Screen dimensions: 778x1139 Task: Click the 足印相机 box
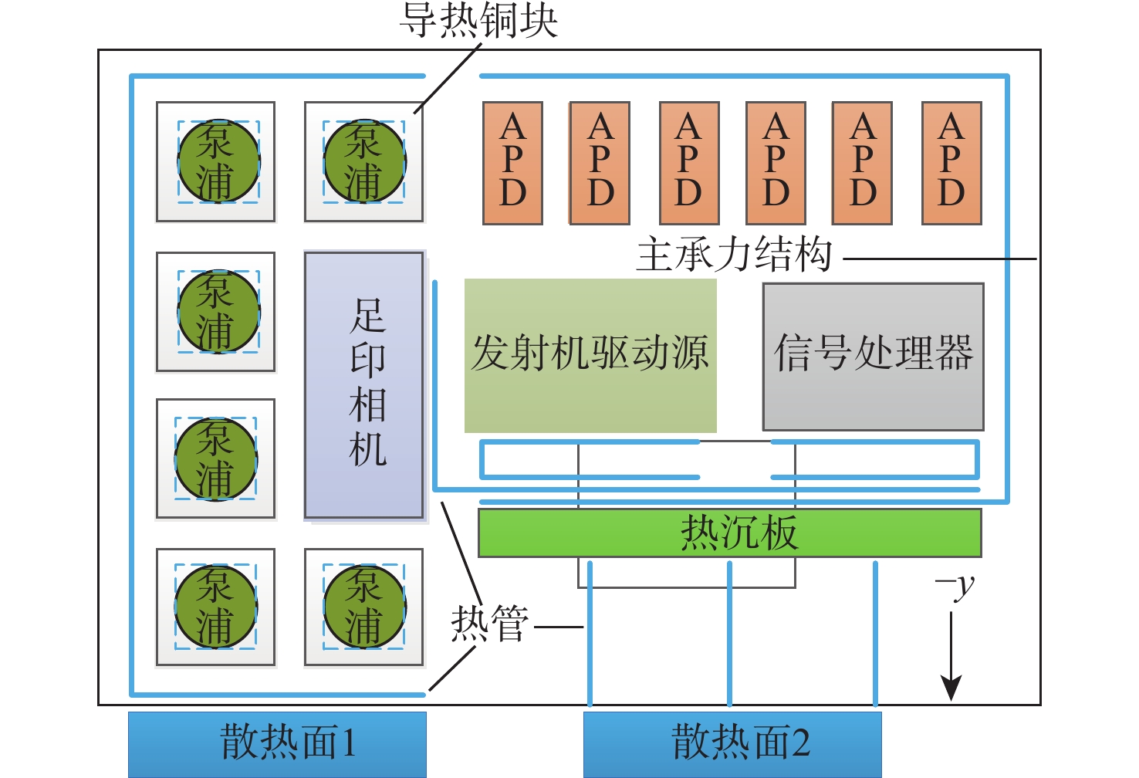pos(363,384)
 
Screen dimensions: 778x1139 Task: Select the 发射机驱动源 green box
pos(590,355)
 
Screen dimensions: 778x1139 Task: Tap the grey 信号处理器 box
pos(873,356)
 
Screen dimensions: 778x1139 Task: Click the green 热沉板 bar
pos(729,533)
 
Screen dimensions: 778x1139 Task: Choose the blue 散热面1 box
pos(277,743)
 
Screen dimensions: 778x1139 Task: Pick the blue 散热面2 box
pos(732,743)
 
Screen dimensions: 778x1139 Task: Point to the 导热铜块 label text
pos(478,20)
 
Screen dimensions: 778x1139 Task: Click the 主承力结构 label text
pos(734,255)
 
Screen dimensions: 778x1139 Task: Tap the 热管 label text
pos(490,624)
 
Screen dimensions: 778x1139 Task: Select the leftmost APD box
pos(512,163)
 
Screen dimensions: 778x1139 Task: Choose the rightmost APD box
pos(951,163)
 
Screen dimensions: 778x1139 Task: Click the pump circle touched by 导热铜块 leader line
pos(364,161)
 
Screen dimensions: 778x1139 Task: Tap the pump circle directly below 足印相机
pos(364,607)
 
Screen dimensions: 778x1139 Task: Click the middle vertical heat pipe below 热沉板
pos(730,633)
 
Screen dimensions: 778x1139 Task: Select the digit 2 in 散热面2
pos(800,743)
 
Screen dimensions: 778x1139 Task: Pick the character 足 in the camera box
pos(367,315)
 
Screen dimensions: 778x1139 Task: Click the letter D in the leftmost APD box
pos(512,194)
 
